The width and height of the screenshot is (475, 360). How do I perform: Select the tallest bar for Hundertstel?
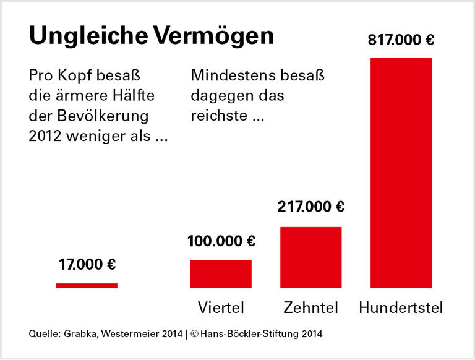[401, 173]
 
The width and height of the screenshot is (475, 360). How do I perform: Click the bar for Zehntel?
[310, 257]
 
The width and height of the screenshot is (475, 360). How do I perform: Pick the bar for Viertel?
[221, 273]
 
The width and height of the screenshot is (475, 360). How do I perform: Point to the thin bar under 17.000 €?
[87, 285]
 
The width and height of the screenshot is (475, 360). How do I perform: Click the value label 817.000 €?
[401, 41]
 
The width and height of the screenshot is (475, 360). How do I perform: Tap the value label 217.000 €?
[310, 207]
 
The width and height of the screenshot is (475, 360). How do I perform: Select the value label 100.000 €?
[221, 241]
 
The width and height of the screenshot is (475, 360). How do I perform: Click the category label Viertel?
[221, 307]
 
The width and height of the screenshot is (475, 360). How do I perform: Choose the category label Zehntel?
[310, 307]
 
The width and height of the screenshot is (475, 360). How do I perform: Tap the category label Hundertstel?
[401, 307]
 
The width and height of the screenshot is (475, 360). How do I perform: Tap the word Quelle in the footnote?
[43, 335]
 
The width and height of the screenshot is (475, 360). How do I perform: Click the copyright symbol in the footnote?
[194, 335]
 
